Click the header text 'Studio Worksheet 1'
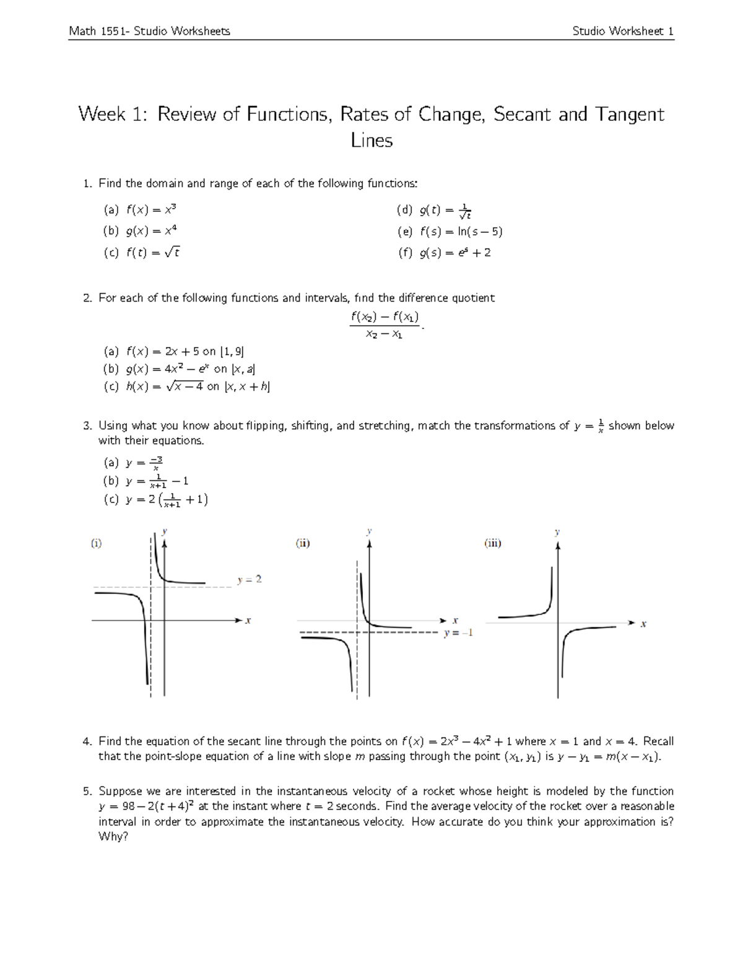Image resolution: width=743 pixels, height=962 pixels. click(x=623, y=31)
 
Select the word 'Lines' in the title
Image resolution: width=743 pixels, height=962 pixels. click(x=371, y=141)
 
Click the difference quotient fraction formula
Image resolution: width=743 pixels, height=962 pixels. click(x=385, y=325)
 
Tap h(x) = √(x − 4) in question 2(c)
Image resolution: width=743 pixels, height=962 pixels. click(x=164, y=387)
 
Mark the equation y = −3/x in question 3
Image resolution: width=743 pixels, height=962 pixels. click(x=144, y=463)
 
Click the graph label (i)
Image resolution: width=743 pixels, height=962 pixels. click(x=96, y=543)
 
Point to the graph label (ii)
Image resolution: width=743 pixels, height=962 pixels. click(x=302, y=543)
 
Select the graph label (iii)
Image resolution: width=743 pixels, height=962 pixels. click(x=492, y=543)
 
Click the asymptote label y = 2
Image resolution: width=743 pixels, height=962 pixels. click(x=250, y=580)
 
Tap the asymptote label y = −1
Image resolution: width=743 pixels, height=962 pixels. click(x=458, y=633)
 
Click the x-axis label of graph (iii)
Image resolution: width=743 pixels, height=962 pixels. click(x=643, y=624)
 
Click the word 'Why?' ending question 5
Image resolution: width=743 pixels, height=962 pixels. click(x=113, y=837)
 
